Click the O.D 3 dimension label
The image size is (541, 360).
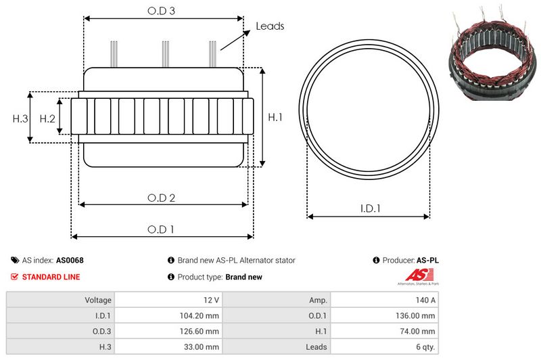pos(162,11)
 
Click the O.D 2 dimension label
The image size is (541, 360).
pos(162,198)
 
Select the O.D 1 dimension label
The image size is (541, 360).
pos(162,229)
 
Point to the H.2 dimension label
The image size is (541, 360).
pos(47,119)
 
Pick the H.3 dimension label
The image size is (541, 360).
pos(20,119)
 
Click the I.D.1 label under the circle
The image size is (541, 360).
pos(369,209)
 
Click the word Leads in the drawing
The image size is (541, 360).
pos(270,26)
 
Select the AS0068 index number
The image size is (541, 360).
pos(70,260)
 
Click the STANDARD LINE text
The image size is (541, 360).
pos(51,277)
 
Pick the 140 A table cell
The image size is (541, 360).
pos(426,300)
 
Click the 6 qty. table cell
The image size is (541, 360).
pos(423,346)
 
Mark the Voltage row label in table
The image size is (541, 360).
pos(98,300)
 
